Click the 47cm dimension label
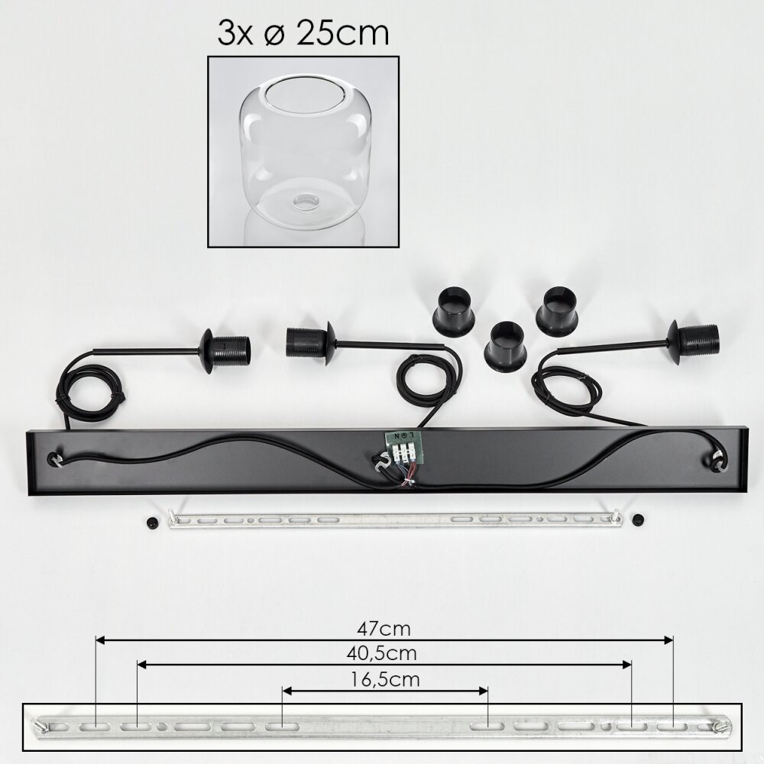[384, 629]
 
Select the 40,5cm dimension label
[381, 653]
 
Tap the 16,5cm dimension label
[385, 679]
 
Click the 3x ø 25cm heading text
[303, 33]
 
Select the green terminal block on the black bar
[401, 446]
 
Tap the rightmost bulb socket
[694, 342]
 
